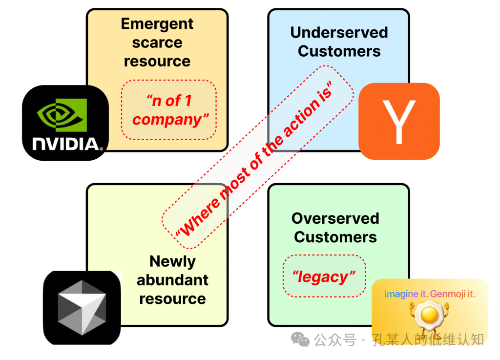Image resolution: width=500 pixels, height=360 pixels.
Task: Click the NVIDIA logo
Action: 65,123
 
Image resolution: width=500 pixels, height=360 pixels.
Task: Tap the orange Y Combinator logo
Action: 399,121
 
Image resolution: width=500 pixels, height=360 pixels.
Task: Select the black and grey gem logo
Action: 82,307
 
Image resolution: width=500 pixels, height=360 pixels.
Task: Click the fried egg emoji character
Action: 429,318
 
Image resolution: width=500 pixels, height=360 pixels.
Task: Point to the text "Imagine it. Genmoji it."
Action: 429,294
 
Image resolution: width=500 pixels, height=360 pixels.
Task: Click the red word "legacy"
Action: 323,277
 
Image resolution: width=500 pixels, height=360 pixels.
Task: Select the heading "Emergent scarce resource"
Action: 157,42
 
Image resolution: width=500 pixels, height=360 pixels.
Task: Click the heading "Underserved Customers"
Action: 339,42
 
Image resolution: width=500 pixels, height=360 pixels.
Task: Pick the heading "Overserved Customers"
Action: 335,228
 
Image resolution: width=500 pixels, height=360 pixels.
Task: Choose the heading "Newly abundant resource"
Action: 172,280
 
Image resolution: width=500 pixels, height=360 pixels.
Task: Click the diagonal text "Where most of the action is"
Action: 257,157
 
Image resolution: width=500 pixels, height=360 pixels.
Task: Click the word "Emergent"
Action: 157,24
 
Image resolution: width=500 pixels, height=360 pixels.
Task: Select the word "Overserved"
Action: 335,218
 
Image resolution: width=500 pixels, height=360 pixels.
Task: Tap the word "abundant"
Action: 172,280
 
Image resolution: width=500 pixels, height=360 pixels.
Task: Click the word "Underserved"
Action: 339,32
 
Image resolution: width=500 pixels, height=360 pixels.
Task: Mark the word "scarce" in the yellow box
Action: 157,42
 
